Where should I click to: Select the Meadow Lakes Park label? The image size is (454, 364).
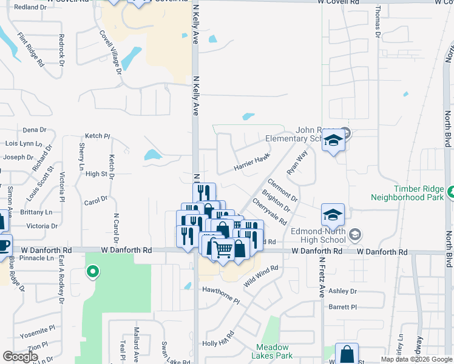coord(273,351)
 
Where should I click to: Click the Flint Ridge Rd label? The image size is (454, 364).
coord(31,49)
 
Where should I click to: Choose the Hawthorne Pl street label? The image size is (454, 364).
coord(221,292)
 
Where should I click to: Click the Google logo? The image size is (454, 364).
coord(20,357)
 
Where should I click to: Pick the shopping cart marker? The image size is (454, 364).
coord(223,248)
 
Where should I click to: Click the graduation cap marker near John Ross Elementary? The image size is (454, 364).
coord(333,141)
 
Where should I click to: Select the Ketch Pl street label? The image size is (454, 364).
coord(98,136)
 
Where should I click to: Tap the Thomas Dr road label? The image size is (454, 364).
coord(378,22)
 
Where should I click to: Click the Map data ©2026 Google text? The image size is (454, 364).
coord(416,359)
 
